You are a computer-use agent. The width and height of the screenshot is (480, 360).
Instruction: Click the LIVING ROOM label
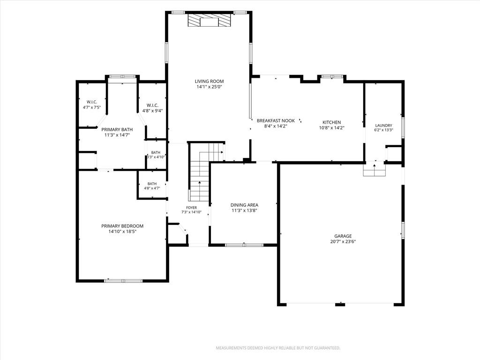pos(209,81)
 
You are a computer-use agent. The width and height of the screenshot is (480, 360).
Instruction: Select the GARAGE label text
pos(343,236)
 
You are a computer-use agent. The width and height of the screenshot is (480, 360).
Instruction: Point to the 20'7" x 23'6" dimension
pos(343,241)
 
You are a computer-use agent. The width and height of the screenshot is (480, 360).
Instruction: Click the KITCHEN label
pos(332,122)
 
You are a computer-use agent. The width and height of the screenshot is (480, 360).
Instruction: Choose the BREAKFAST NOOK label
pos(276,120)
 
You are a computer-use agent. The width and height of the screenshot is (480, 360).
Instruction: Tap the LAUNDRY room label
pos(383,126)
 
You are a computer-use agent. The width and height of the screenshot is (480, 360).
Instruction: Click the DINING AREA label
pos(244,205)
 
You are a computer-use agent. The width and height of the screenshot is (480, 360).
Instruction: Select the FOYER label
pos(191,208)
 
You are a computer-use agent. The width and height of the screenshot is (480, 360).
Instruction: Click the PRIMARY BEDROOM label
pos(122,226)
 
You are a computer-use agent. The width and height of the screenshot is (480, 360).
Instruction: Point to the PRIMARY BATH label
pos(117,129)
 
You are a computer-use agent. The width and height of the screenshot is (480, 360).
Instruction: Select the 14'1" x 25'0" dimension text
pos(209,87)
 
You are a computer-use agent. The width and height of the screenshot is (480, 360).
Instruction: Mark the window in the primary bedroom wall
pos(123,280)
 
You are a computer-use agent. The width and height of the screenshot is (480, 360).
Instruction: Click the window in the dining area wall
pos(244,245)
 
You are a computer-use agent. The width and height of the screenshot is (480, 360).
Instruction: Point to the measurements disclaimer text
pos(278,348)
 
